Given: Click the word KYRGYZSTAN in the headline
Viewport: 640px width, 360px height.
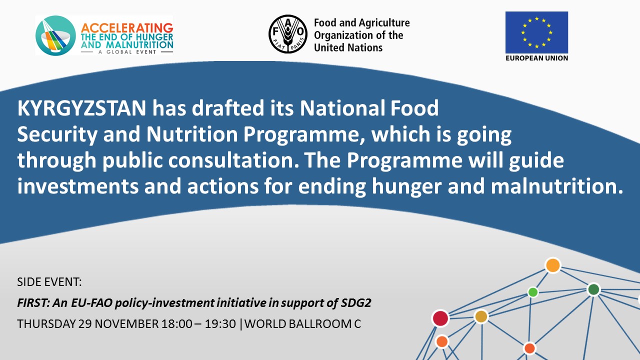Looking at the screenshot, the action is (81, 108).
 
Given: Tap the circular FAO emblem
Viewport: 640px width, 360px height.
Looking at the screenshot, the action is (288, 34).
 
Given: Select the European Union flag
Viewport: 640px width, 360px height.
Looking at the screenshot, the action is (536, 32).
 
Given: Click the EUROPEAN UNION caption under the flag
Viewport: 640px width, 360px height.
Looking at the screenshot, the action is (536, 58).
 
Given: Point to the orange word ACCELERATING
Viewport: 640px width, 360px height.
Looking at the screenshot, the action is (127, 28).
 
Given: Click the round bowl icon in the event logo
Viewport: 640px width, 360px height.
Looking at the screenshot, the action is (55, 35).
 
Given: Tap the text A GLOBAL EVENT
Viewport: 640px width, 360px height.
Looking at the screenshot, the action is (127, 52).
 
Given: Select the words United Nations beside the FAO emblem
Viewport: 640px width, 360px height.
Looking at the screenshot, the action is (348, 47).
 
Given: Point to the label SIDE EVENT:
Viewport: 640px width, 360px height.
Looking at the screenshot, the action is (49, 282).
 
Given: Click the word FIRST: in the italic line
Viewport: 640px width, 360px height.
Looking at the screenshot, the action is (33, 303).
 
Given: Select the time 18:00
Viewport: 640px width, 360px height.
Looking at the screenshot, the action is (176, 324).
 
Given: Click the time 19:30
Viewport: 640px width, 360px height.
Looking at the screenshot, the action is (220, 324).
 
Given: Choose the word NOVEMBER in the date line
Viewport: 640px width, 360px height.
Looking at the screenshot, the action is (127, 324).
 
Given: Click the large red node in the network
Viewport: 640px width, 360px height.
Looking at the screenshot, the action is (440, 318).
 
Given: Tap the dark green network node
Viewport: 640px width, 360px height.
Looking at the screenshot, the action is (593, 289).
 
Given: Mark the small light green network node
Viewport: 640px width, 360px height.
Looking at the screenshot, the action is (533, 292).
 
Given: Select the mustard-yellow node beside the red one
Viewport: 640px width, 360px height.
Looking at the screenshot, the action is (481, 316).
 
